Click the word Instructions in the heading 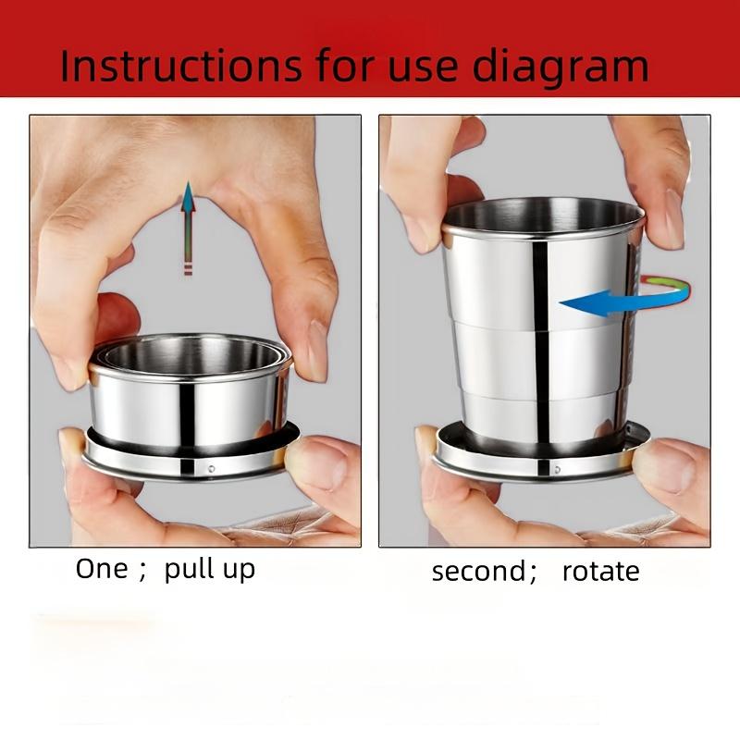click(x=179, y=67)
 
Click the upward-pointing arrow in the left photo click(x=189, y=227)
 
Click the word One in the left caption click(x=102, y=568)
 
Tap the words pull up click(x=209, y=570)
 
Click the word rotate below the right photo click(x=600, y=571)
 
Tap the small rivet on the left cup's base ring click(x=211, y=469)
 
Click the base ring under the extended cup click(x=541, y=453)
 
